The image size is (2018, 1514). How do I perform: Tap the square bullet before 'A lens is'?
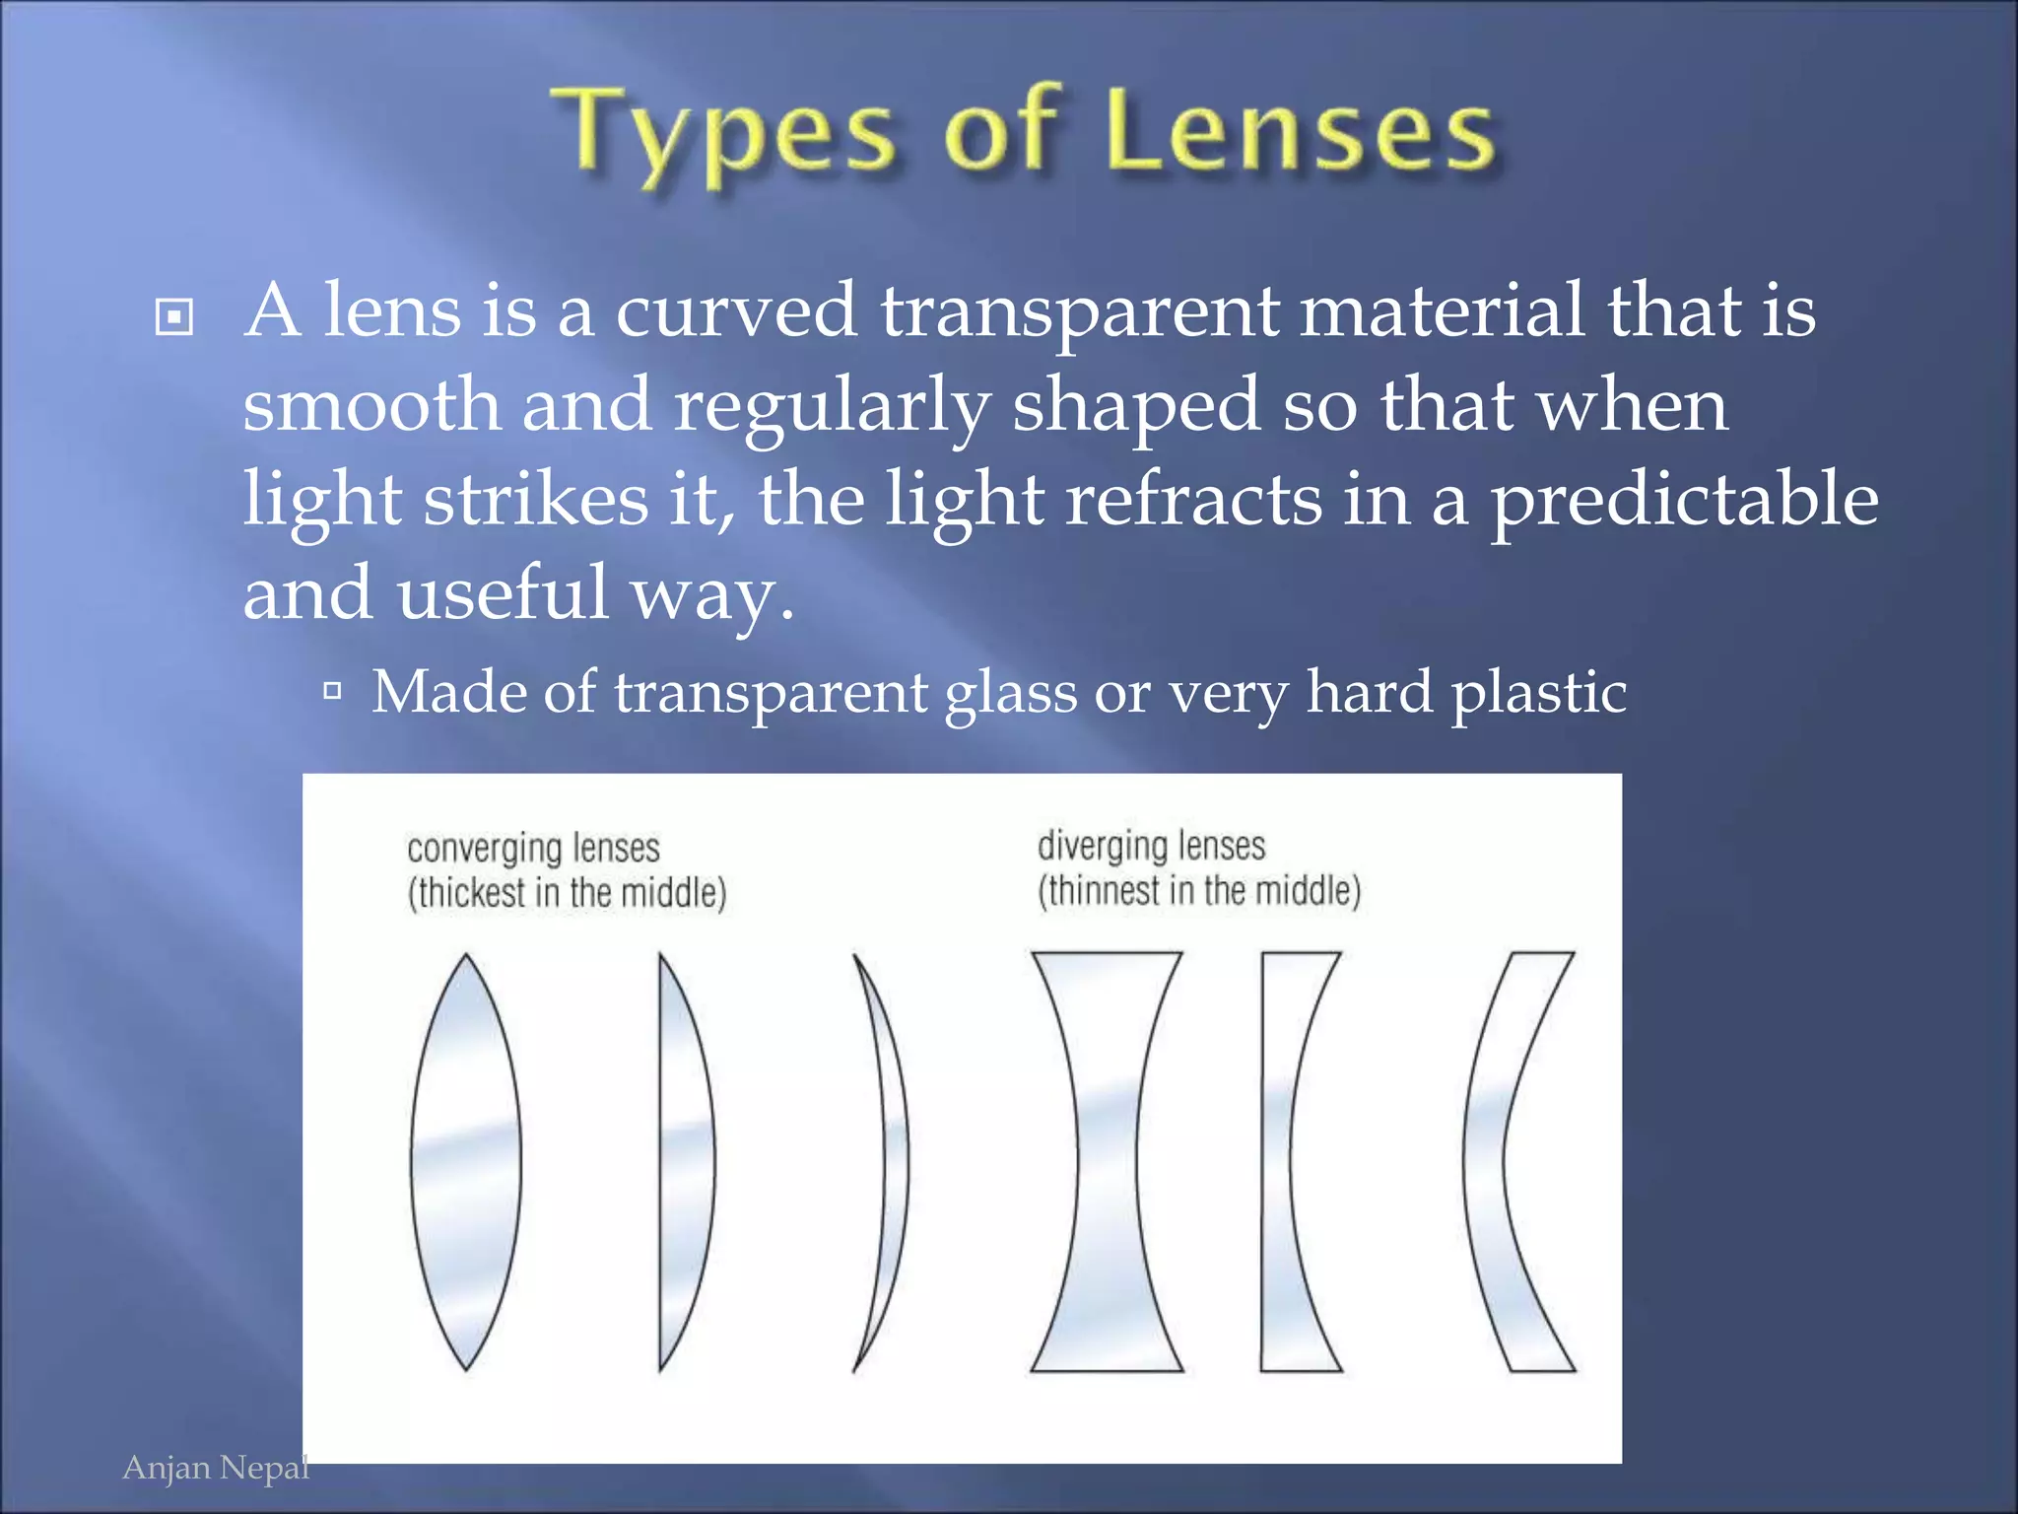174,317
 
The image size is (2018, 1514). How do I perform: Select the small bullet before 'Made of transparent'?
332,691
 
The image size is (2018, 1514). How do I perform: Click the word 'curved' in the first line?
736,311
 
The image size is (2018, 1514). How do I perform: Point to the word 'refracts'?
1193,499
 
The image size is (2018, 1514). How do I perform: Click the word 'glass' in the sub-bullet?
1011,694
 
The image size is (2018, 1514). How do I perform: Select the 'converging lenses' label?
533,849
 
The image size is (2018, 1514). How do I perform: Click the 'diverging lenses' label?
1151,846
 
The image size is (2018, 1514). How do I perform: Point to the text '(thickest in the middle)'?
567,893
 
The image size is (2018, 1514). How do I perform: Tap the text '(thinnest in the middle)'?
1198,891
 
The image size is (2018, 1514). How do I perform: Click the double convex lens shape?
466,1162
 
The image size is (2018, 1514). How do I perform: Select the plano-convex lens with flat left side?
684,1162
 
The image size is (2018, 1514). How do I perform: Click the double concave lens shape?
1107,1162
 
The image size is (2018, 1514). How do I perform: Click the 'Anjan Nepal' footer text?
216,1469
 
